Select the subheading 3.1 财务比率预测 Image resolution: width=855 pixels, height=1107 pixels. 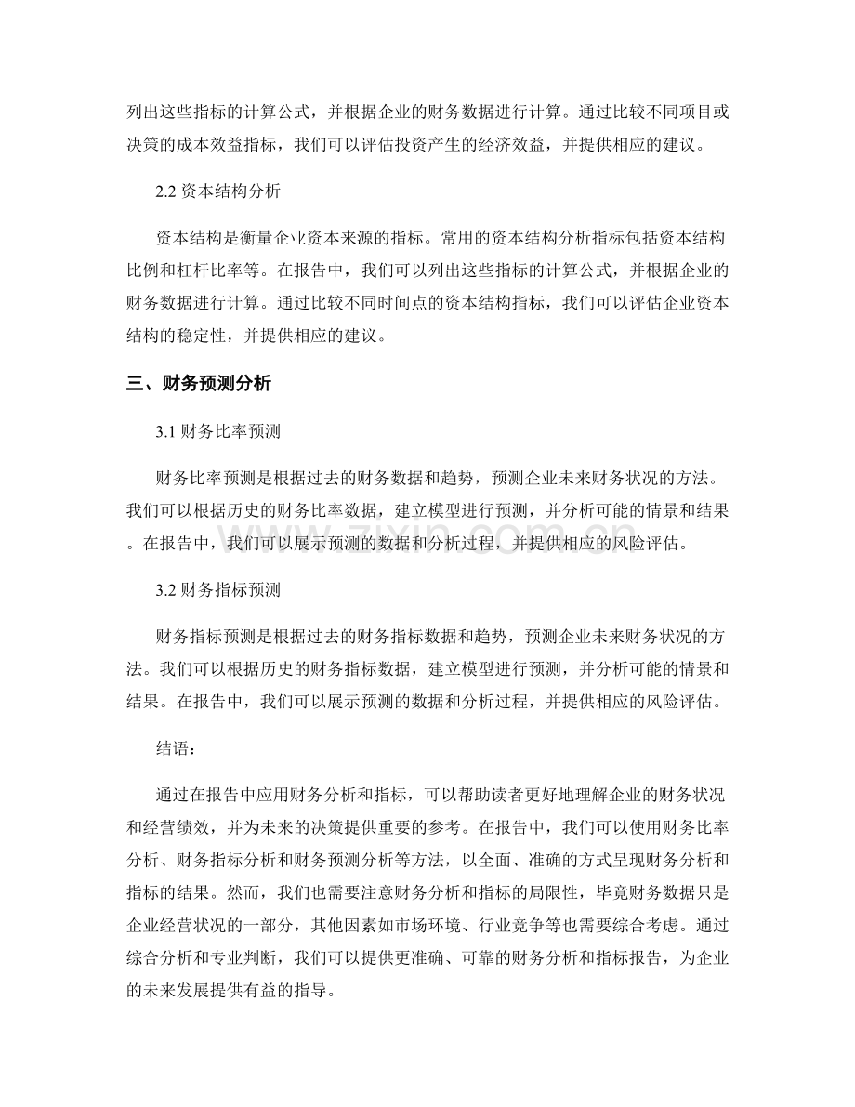(217, 432)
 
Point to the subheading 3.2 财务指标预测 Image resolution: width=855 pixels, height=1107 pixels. (217, 588)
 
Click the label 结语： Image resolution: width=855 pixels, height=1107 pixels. (179, 745)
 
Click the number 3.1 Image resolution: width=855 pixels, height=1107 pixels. (169, 432)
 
